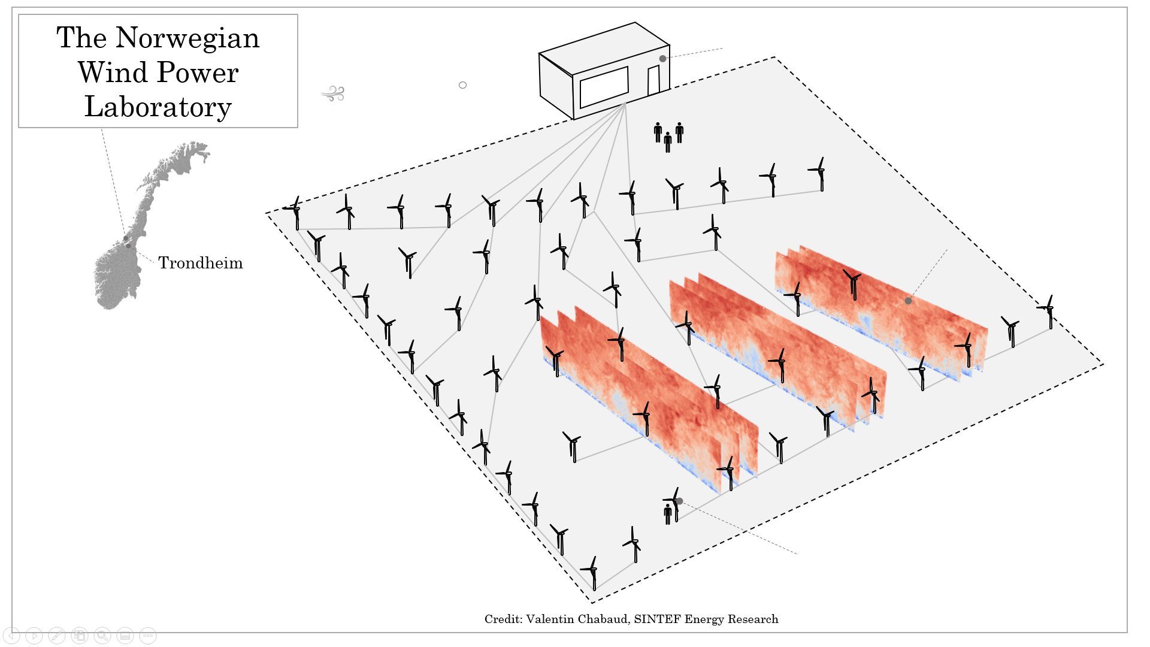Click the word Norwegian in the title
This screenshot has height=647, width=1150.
[187, 39]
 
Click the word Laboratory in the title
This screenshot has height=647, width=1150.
[158, 107]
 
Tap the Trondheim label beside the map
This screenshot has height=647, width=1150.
[201, 263]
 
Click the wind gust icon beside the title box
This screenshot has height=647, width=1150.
[333, 93]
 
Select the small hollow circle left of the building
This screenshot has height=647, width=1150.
[462, 85]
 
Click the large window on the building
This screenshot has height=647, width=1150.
[604, 87]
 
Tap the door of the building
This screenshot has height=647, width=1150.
[653, 80]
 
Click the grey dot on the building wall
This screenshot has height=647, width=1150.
[663, 59]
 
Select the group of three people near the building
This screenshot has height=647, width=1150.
[668, 137]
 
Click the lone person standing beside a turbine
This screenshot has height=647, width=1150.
[668, 514]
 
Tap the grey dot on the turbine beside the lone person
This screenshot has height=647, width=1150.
[679, 501]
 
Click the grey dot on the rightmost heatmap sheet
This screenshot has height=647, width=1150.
[908, 301]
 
